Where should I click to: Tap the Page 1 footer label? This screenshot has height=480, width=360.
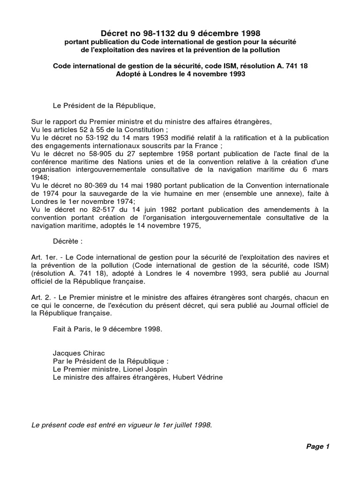point(318,446)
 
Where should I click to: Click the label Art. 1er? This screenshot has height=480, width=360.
point(41,257)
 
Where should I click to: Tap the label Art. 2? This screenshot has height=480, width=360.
point(40,298)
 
